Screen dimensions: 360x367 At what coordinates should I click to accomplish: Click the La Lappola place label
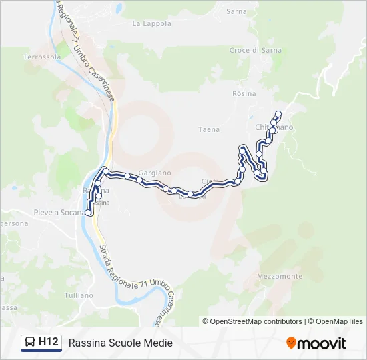pos(151,23)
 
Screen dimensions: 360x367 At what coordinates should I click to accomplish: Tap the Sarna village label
pos(236,11)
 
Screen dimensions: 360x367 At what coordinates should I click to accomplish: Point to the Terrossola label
pos(42,57)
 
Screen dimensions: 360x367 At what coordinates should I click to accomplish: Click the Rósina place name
pos(244,93)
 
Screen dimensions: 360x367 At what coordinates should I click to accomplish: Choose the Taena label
pos(209,129)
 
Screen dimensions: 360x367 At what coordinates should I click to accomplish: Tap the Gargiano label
pos(155,173)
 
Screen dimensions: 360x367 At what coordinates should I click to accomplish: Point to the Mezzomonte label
pos(280,276)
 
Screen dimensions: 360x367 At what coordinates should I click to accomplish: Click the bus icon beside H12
pos(31,343)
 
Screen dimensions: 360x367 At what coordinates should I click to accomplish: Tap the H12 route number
pos(47,343)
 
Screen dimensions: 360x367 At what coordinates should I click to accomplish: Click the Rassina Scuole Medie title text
pos(120,343)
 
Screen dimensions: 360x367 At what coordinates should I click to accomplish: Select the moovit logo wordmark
pos(321,343)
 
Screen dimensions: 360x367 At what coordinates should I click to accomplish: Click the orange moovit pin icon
pos(291,343)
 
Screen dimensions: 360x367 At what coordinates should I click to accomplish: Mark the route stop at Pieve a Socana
pos(88,213)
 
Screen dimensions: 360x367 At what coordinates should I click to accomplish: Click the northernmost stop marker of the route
pos(279,113)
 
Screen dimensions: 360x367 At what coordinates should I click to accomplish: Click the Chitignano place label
pos(274,127)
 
